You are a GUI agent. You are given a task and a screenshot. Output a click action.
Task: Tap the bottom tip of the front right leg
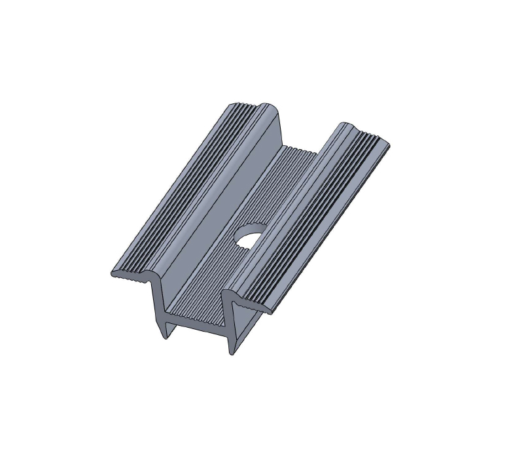pyautogui.click(x=231, y=353)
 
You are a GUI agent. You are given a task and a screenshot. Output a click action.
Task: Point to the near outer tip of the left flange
pyautogui.click(x=113, y=273)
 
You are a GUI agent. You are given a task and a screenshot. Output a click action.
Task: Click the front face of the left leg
pyautogui.click(x=160, y=307)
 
